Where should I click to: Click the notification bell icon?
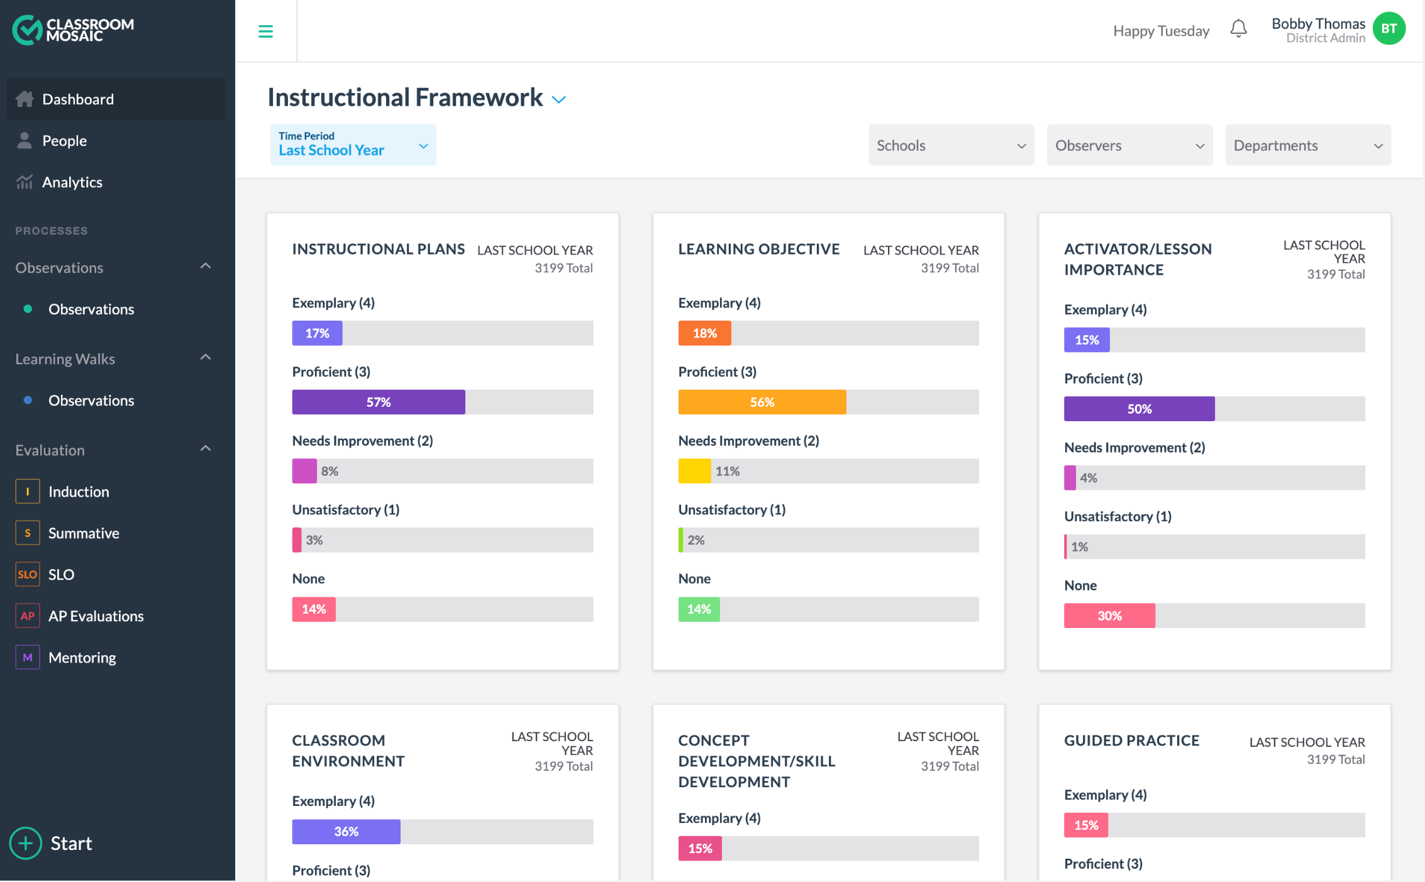[x=1238, y=29]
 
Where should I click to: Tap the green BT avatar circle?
[x=1389, y=29]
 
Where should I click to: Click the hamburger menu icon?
[x=265, y=31]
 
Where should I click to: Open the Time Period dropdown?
[x=353, y=145]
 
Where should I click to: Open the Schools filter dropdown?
[x=951, y=145]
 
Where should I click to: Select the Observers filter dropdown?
[x=1129, y=145]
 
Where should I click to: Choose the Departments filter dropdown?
[x=1307, y=145]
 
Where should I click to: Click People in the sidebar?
[x=64, y=141]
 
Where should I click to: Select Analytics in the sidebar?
[x=72, y=182]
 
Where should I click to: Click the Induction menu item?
[x=79, y=492]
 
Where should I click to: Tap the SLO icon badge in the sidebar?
[x=28, y=575]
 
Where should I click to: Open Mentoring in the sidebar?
[x=82, y=658]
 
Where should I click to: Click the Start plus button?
[x=26, y=843]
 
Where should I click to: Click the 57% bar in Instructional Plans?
[x=379, y=402]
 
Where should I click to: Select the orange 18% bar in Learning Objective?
[x=704, y=333]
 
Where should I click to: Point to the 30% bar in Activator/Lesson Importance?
[x=1109, y=616]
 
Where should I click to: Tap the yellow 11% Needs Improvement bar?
[x=694, y=471]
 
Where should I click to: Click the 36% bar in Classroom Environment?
[x=346, y=832]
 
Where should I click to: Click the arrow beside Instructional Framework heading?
[x=558, y=99]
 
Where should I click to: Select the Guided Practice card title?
[x=1131, y=741]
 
